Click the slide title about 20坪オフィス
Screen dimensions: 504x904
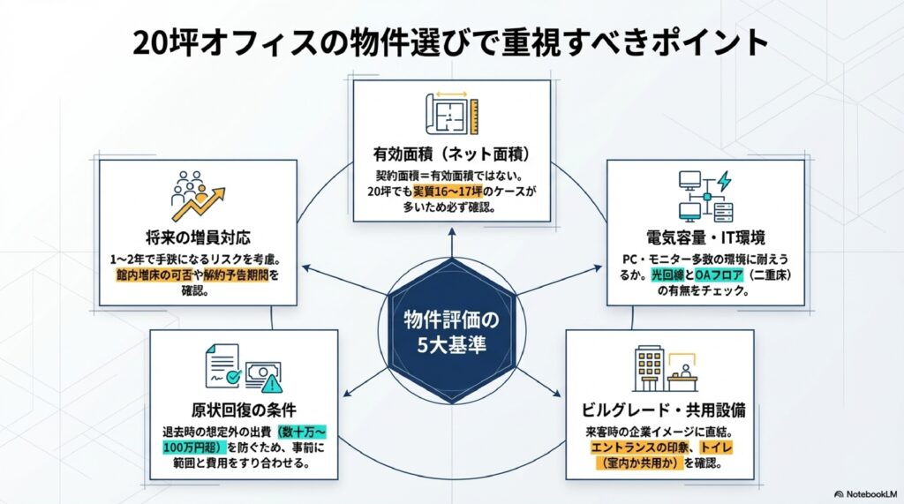tap(451, 42)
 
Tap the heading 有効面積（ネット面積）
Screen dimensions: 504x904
tap(451, 154)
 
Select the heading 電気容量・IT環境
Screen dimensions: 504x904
tap(705, 237)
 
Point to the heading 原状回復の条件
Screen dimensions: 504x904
tap(243, 409)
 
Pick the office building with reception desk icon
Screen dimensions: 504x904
tap(664, 370)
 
